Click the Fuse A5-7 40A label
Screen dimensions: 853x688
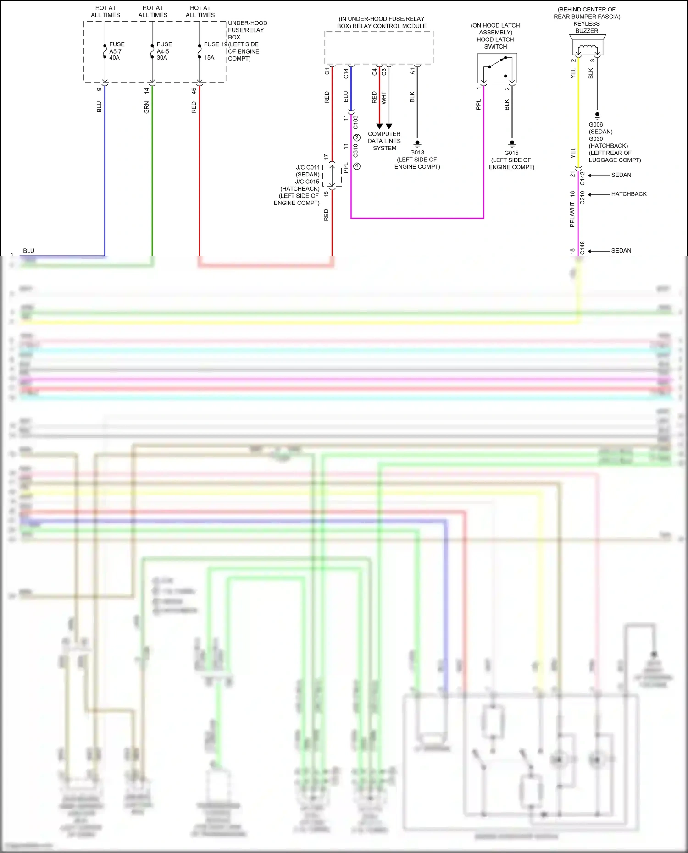pos(116,51)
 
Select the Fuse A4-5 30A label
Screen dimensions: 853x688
pos(164,51)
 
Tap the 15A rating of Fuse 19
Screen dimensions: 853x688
pos(209,58)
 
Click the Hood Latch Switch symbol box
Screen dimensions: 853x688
pos(497,68)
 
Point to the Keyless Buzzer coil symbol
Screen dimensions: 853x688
pos(587,48)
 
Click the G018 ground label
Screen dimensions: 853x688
pos(417,153)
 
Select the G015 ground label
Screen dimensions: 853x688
pos(511,153)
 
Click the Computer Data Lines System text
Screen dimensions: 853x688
pos(384,141)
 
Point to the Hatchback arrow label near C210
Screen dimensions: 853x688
pos(628,194)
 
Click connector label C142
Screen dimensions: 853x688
pos(583,178)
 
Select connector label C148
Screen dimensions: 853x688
pos(583,248)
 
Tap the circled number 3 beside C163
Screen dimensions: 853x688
pos(357,138)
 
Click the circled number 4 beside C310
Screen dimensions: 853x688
pos(357,166)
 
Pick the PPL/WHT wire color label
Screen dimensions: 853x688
pos(572,215)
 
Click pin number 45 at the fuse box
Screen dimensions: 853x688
pos(194,91)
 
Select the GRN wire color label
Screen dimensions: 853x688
pos(146,107)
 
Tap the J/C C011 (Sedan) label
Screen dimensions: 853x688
pos(308,171)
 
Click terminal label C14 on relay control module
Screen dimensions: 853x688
pos(346,73)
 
